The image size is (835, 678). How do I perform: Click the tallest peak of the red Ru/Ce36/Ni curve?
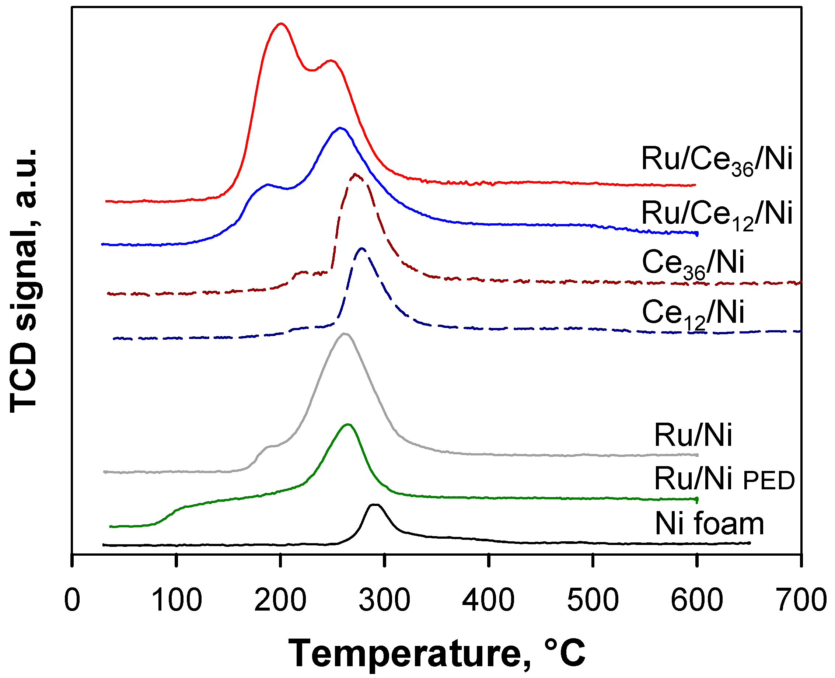pos(280,24)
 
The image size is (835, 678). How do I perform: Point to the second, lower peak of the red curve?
pos(331,60)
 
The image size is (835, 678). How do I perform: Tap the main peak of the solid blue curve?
pos(340,128)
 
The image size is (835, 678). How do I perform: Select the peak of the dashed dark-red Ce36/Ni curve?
pos(355,175)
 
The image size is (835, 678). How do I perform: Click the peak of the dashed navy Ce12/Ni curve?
pos(361,248)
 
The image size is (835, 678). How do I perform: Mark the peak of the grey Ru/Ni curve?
pos(345,333)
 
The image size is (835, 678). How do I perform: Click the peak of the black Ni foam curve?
pos(374,505)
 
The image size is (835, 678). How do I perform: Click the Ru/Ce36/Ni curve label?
pos(717,160)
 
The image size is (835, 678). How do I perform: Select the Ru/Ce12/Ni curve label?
pos(717,215)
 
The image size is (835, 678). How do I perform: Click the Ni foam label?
pos(709,524)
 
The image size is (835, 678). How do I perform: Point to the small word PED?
pos(769,481)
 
